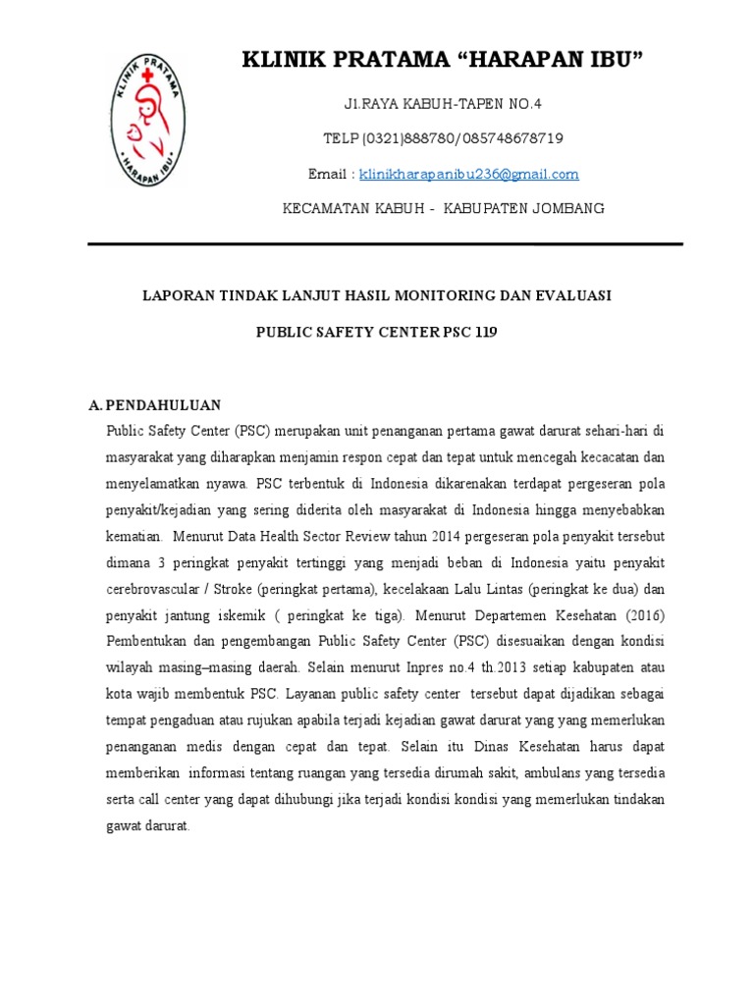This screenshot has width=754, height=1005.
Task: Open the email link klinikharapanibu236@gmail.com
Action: tap(469, 175)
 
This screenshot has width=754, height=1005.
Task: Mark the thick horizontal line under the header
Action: tap(385, 243)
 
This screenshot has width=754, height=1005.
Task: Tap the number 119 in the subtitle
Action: tap(485, 333)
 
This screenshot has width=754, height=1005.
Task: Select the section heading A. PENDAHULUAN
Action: tap(155, 404)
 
